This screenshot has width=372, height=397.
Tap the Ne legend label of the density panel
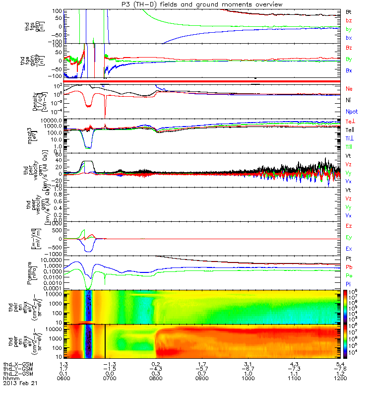pos(349,88)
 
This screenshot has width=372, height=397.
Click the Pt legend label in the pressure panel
pos(348,259)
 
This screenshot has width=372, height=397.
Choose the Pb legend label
pos(349,267)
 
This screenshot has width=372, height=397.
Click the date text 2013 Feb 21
pos(20,384)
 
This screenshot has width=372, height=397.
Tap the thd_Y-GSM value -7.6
pos(342,370)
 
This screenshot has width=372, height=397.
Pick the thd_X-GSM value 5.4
pos(342,365)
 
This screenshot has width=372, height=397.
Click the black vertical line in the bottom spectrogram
pos(105,341)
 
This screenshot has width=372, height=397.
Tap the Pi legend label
pos(348,283)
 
